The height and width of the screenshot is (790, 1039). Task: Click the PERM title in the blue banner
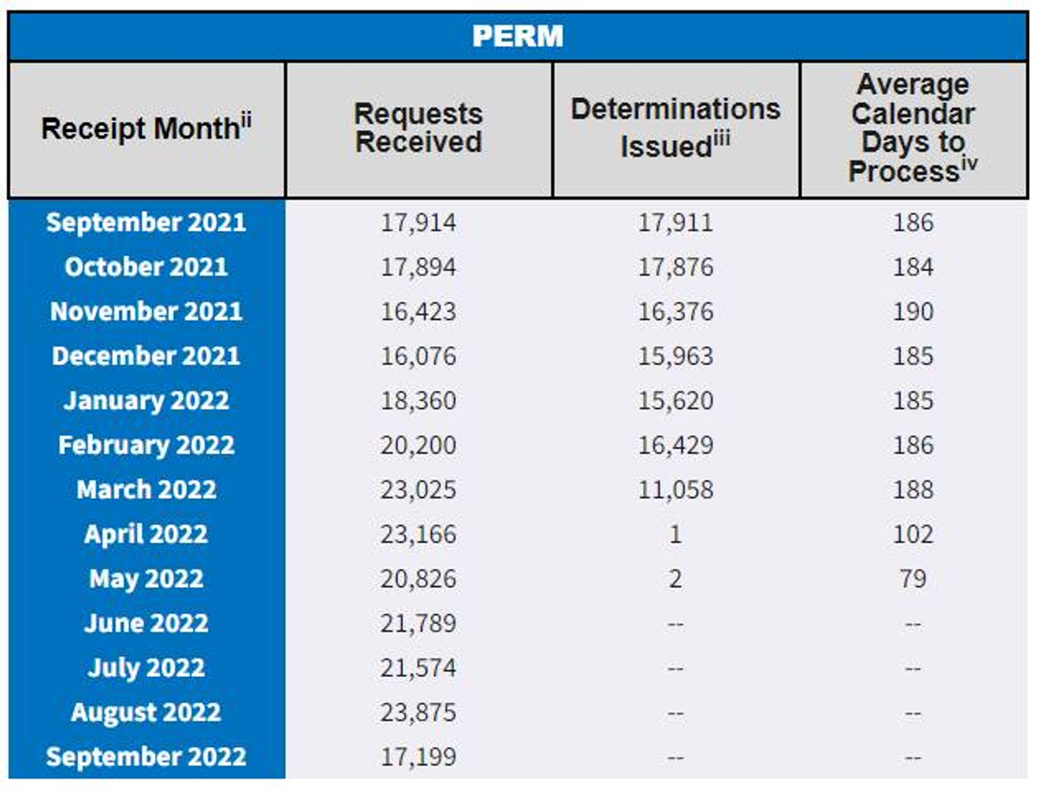click(517, 37)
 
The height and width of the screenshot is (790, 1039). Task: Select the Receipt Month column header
click(146, 128)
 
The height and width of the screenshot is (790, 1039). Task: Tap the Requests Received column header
click(418, 127)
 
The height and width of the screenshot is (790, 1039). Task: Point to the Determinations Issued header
click(675, 127)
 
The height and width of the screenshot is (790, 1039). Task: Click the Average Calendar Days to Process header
click(913, 127)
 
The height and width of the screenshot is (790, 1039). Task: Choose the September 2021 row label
click(146, 222)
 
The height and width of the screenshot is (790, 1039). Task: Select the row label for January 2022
click(146, 400)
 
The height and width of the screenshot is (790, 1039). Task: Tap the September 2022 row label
click(146, 757)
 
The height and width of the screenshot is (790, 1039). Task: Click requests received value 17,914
click(418, 223)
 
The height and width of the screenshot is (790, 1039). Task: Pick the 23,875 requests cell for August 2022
click(418, 712)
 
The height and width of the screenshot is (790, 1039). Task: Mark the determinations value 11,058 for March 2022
click(675, 490)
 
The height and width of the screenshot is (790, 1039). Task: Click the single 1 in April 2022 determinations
click(675, 534)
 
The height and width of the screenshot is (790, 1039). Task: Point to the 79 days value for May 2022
click(913, 579)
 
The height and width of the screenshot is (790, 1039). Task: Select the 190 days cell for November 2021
click(913, 312)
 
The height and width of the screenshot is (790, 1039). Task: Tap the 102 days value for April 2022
click(913, 534)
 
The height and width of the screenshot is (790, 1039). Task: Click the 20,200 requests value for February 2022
click(418, 445)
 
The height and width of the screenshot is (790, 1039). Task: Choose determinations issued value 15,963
click(675, 356)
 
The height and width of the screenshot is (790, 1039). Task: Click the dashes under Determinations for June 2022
click(675, 624)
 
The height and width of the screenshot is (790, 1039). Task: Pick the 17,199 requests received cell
click(418, 757)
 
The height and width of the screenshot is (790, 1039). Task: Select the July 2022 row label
click(146, 668)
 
